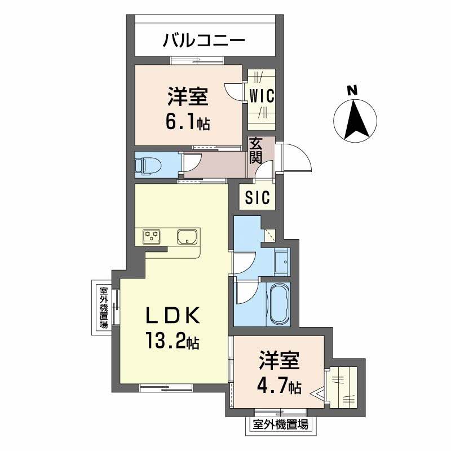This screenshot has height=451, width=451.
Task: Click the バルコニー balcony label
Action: click(204, 41)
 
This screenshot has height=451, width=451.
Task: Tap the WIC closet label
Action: click(262, 95)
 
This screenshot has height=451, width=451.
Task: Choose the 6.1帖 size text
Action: click(187, 122)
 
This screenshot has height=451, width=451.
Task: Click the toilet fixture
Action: click(148, 165)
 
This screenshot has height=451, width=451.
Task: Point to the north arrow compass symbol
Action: click(355, 120)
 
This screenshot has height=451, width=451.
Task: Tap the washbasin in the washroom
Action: click(281, 260)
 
